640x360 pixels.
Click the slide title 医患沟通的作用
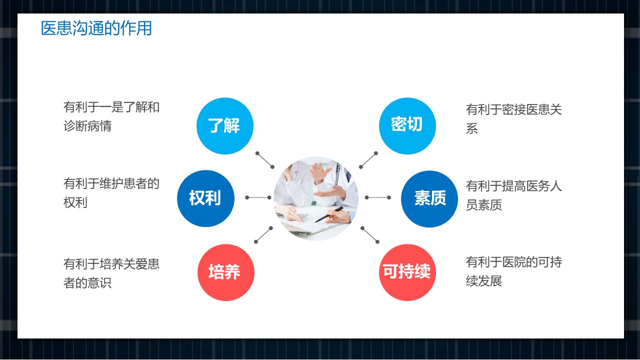(x=96, y=28)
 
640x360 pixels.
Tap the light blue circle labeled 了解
(x=225, y=126)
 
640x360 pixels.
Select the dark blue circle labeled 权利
(x=205, y=198)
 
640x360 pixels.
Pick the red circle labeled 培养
(x=226, y=272)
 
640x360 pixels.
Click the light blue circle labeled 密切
(x=407, y=126)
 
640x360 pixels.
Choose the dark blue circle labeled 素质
(x=429, y=199)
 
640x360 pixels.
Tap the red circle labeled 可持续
(x=407, y=272)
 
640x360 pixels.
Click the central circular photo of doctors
(x=316, y=198)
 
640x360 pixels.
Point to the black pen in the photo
(x=329, y=214)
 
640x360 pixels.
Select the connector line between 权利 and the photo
(x=258, y=197)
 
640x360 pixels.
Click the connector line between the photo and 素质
(x=377, y=197)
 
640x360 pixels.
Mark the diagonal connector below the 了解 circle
(x=265, y=160)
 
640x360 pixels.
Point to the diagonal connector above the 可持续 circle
(x=370, y=235)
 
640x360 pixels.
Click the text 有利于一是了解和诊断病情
(x=111, y=116)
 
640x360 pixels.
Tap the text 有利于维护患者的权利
(x=111, y=193)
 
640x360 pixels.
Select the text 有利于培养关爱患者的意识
(x=111, y=273)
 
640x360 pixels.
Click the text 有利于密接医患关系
(x=514, y=119)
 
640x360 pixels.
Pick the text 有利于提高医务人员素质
(x=514, y=195)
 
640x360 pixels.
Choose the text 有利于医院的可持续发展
(x=514, y=271)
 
